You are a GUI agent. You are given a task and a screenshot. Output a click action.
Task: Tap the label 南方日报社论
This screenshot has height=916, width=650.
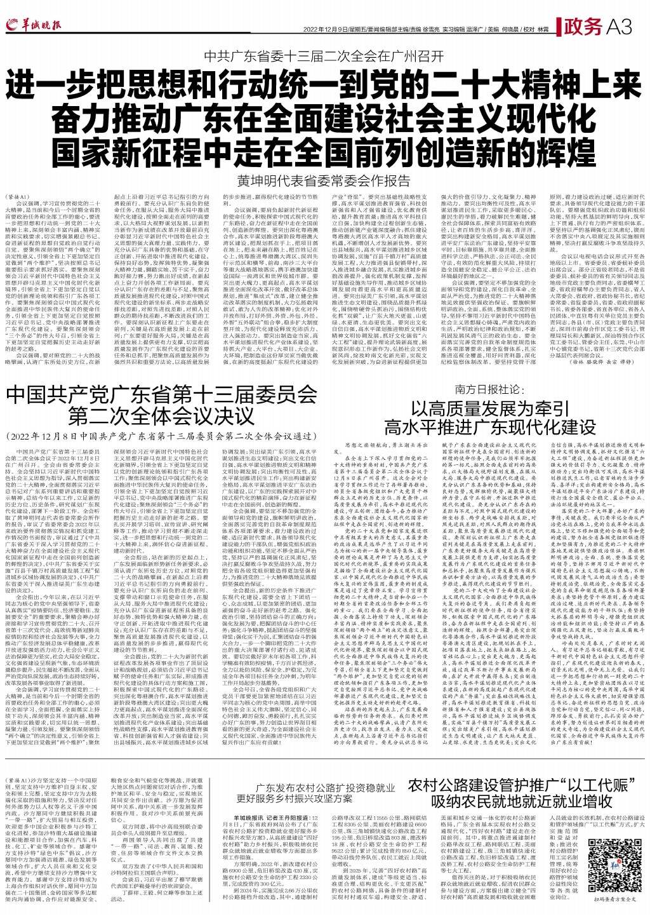489,387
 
